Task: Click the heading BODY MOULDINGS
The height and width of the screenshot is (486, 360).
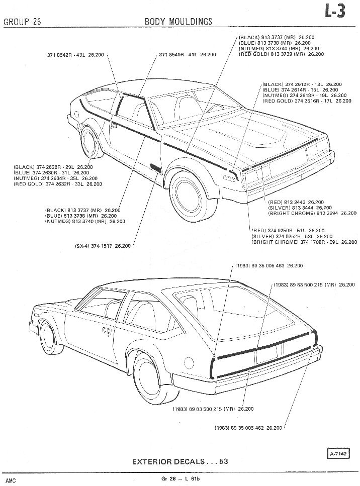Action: pyautogui.click(x=178, y=21)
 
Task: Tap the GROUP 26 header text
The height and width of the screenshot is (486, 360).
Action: pyautogui.click(x=22, y=21)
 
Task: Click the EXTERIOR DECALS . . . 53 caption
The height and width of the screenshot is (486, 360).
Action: pyautogui.click(x=180, y=461)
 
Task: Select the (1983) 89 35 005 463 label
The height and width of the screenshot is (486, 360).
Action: pyautogui.click(x=269, y=265)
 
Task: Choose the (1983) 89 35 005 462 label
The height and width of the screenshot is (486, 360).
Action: pyautogui.click(x=248, y=428)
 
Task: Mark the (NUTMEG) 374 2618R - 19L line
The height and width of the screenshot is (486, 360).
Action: pyautogui.click(x=304, y=95)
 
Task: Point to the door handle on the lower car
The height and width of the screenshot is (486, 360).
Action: pyautogui.click(x=107, y=331)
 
